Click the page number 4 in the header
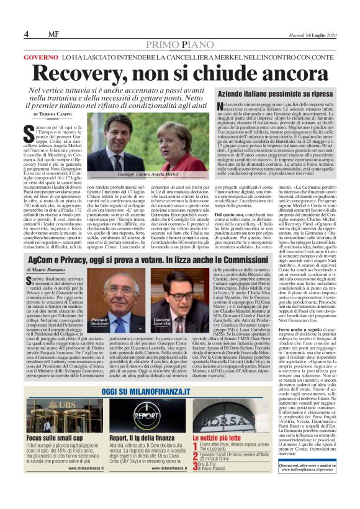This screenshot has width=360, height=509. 27,34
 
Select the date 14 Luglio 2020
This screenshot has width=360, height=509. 317,34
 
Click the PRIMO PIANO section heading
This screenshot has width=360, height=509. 179,45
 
